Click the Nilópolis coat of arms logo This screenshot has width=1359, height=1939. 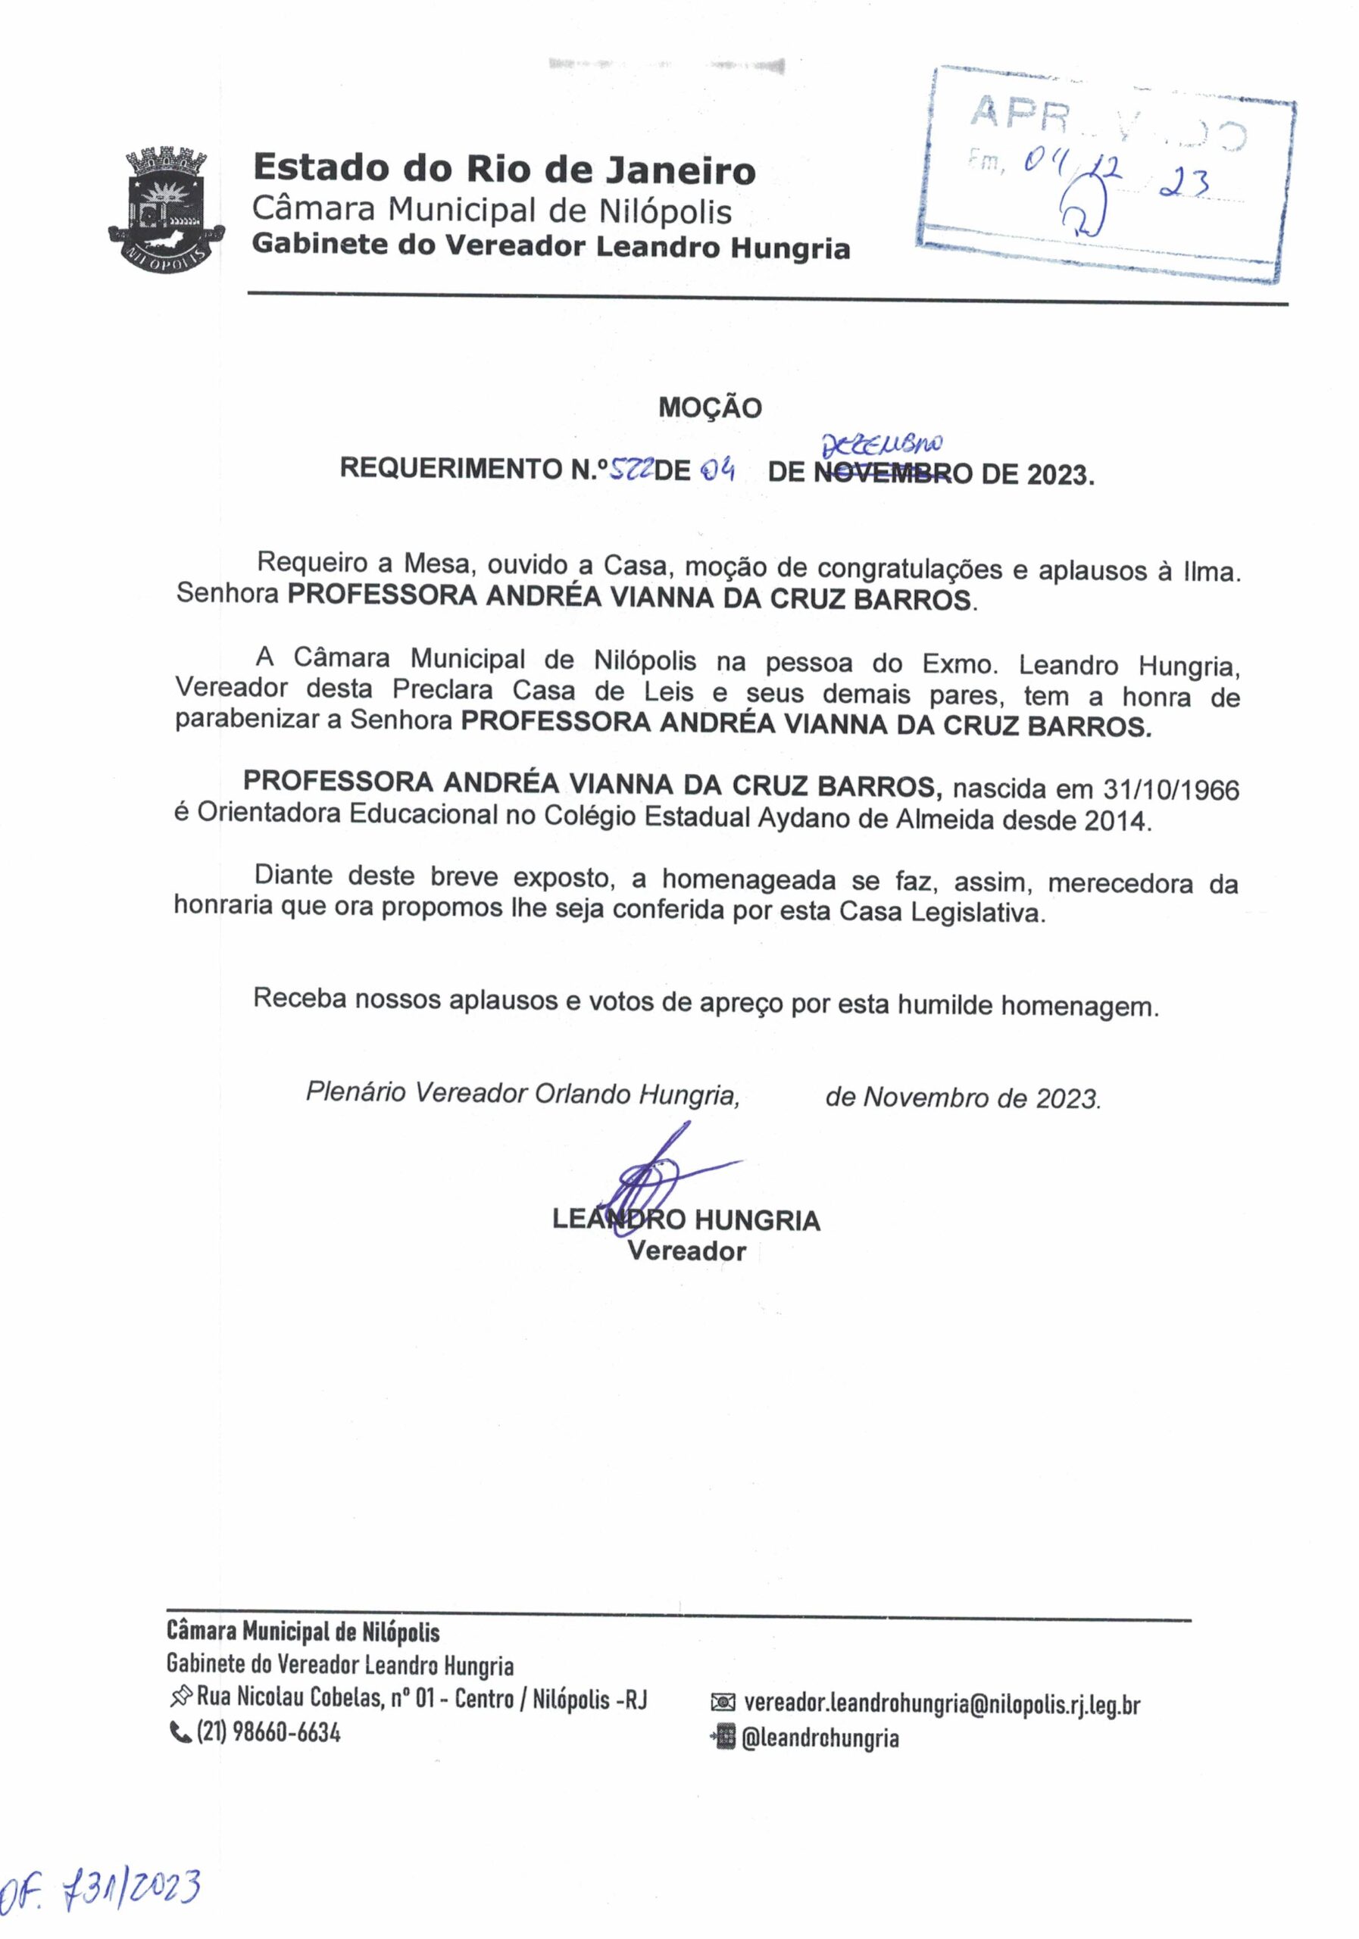pos(167,208)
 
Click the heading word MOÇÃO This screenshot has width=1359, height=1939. pos(710,409)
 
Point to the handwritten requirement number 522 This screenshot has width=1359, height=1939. pos(630,470)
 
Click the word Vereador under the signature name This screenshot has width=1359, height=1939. pos(686,1251)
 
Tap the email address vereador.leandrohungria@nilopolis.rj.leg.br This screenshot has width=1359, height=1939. pos(942,1705)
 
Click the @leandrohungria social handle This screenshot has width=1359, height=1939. pos(820,1739)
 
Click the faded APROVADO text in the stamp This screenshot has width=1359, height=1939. pos(1107,123)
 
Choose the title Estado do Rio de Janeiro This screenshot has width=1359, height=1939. pos(505,170)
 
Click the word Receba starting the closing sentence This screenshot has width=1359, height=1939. pos(299,998)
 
